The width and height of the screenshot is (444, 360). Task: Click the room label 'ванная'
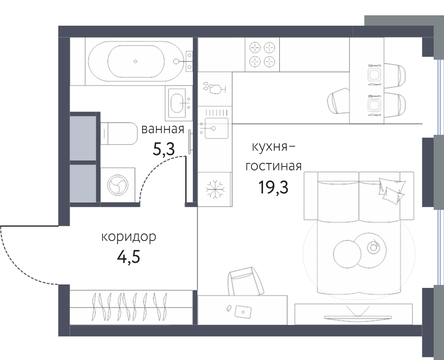tap(162, 129)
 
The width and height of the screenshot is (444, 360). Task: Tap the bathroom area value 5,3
tap(164, 149)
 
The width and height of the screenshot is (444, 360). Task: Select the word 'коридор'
tap(129, 238)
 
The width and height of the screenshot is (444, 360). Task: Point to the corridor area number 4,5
tap(129, 257)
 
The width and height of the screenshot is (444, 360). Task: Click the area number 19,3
tap(273, 187)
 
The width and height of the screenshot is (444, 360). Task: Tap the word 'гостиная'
tap(273, 166)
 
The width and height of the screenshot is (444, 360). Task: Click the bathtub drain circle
tap(135, 61)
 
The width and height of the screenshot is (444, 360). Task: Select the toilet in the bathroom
tap(119, 133)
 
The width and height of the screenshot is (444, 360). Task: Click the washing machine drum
tap(117, 185)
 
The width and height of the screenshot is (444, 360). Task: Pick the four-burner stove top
tap(262, 54)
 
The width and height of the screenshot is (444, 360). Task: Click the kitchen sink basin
tap(217, 128)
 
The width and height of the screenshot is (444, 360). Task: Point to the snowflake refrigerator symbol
tap(215, 189)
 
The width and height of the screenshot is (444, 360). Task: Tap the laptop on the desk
tap(243, 312)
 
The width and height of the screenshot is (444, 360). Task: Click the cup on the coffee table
tap(373, 246)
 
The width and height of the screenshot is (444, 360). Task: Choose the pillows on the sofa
tap(391, 190)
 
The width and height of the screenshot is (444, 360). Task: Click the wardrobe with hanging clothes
tap(131, 307)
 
